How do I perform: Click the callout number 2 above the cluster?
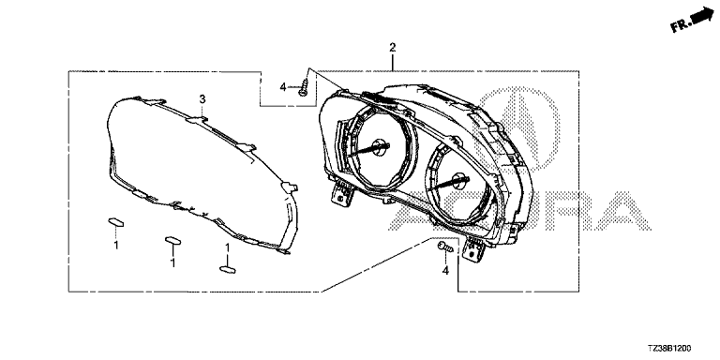[x=392, y=47]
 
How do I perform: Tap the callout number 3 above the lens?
[x=202, y=98]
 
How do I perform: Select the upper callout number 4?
[x=283, y=86]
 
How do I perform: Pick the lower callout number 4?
[x=445, y=271]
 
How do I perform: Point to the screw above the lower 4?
[x=445, y=247]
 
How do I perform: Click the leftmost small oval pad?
[x=116, y=223]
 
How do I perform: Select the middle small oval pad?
[x=172, y=241]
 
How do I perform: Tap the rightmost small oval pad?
[x=228, y=270]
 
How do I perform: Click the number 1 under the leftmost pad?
[x=116, y=246]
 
